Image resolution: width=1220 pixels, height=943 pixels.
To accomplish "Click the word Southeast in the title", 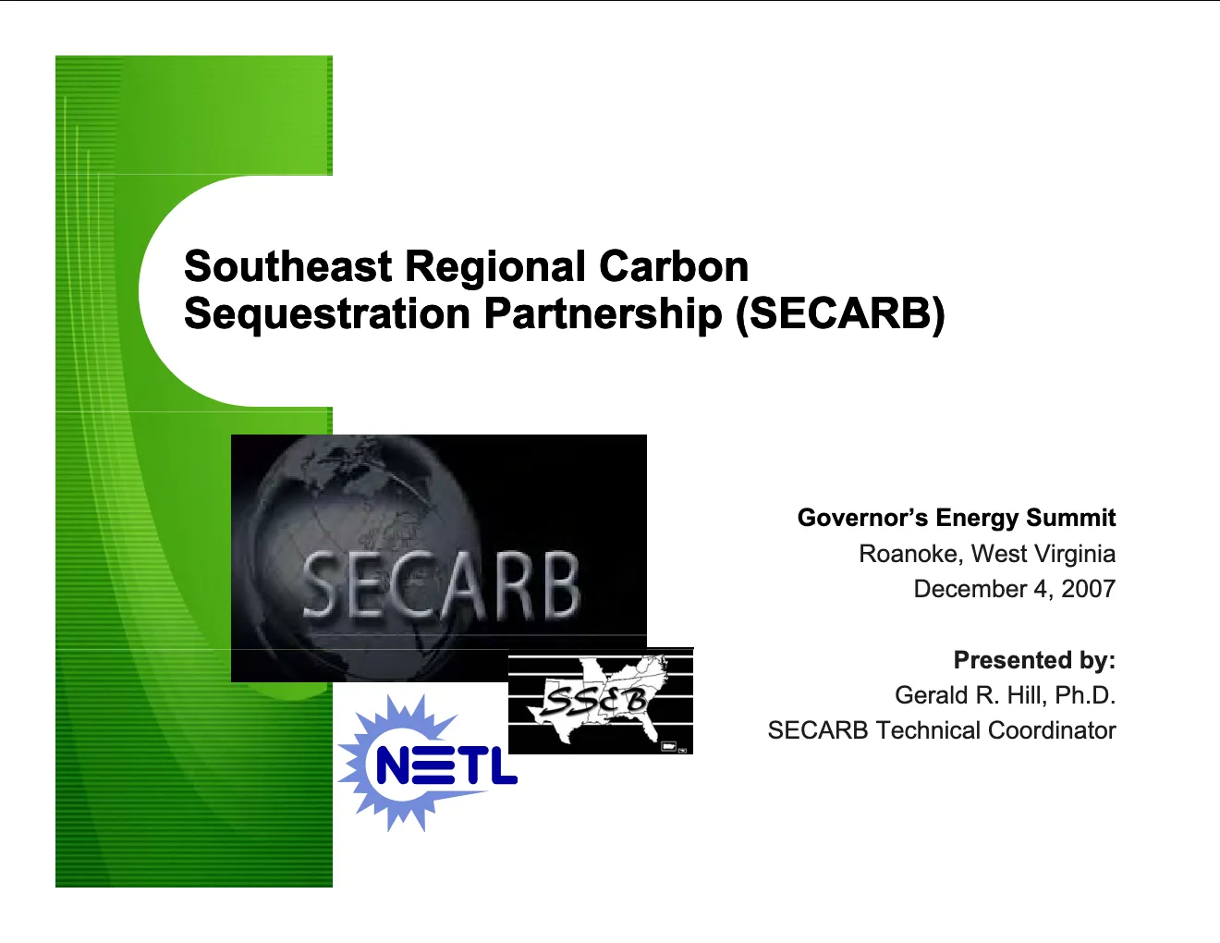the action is point(288,265).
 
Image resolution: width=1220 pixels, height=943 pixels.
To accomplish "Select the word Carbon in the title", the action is point(674,265).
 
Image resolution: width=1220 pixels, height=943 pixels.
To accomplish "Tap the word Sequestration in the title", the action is point(327,313).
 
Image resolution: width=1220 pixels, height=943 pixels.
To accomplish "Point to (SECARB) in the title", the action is point(840,313).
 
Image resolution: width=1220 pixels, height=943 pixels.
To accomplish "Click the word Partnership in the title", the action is point(603,313).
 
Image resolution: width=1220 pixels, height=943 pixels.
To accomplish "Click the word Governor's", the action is point(862,518).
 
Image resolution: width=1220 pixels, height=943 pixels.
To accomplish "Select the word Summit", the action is point(1070,518).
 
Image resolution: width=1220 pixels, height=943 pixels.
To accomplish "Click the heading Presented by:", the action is point(1034,659).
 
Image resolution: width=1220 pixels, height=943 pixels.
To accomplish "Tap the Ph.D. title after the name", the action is point(1085,694).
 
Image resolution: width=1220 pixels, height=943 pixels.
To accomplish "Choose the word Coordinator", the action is point(1052,730).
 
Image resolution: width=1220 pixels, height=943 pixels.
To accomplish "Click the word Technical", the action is point(928,730).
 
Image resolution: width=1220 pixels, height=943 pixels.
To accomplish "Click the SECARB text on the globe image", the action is point(441,584).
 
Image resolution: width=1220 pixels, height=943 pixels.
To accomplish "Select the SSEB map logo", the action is point(601,701).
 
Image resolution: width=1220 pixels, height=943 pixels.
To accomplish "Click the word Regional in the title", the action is point(495,267).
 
